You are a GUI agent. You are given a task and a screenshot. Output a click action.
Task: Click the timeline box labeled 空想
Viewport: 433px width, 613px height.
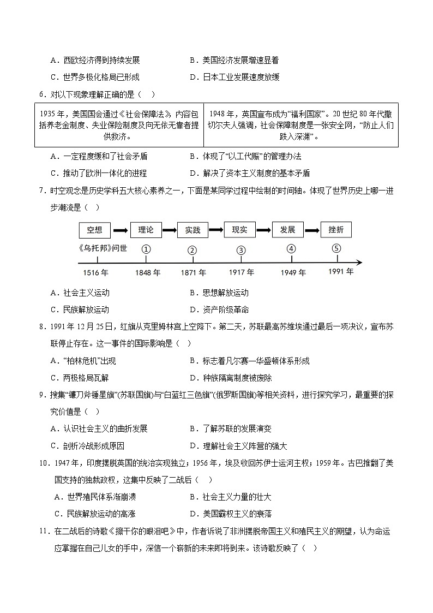(94, 230)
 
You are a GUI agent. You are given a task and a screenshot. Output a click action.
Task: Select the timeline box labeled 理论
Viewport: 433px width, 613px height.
(146, 230)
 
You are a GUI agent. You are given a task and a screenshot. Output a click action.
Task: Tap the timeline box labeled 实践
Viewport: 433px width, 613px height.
(193, 230)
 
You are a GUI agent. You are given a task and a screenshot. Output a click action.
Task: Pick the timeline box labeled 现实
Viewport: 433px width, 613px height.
(239, 230)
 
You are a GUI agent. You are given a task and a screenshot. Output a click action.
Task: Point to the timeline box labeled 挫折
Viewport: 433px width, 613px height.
(336, 230)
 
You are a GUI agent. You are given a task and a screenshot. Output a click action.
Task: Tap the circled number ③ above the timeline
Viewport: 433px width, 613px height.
(240, 250)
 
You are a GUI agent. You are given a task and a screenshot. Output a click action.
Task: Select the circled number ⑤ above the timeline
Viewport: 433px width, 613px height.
(336, 248)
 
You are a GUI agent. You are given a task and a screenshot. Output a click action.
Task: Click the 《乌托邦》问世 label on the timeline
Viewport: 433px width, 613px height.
(103, 248)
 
